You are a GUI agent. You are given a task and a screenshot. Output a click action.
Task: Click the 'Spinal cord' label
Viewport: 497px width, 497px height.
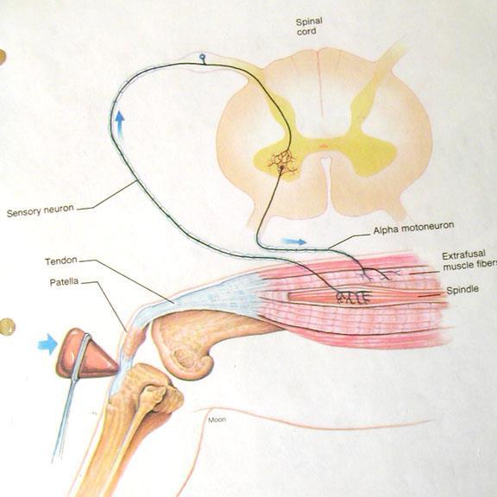[x=310, y=26]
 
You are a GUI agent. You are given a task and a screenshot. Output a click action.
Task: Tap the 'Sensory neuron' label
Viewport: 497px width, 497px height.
[x=41, y=211]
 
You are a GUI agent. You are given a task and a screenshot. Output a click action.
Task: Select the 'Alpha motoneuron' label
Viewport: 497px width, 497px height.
[x=413, y=228]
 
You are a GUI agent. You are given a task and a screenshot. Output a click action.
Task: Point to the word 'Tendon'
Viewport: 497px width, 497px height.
[x=61, y=261]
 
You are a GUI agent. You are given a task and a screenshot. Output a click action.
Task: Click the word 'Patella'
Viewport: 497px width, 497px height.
[x=64, y=282]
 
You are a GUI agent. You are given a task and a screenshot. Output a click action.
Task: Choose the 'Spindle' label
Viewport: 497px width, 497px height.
[x=462, y=290]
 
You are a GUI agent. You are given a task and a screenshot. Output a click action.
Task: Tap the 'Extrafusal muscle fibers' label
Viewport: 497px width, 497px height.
[x=469, y=261]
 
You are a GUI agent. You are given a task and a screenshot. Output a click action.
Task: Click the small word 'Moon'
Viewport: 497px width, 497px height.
[x=217, y=419]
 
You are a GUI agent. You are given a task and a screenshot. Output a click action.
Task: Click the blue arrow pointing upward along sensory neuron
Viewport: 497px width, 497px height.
[x=120, y=124]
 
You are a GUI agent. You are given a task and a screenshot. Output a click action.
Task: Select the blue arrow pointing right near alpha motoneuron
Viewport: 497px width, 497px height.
[x=294, y=242]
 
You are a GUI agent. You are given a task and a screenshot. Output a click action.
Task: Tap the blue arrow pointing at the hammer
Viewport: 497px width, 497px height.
[x=47, y=344]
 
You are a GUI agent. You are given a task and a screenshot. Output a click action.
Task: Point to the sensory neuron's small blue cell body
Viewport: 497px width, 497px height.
[x=202, y=57]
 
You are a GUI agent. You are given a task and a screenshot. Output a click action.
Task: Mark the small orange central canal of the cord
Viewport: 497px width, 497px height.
[x=324, y=146]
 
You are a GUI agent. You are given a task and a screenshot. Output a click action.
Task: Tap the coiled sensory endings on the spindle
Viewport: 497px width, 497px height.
[x=353, y=297]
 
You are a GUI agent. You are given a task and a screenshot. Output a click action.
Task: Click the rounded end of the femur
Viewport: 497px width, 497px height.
[x=187, y=354]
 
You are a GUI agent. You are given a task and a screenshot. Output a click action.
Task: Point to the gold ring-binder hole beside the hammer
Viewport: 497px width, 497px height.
[x=6, y=326]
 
